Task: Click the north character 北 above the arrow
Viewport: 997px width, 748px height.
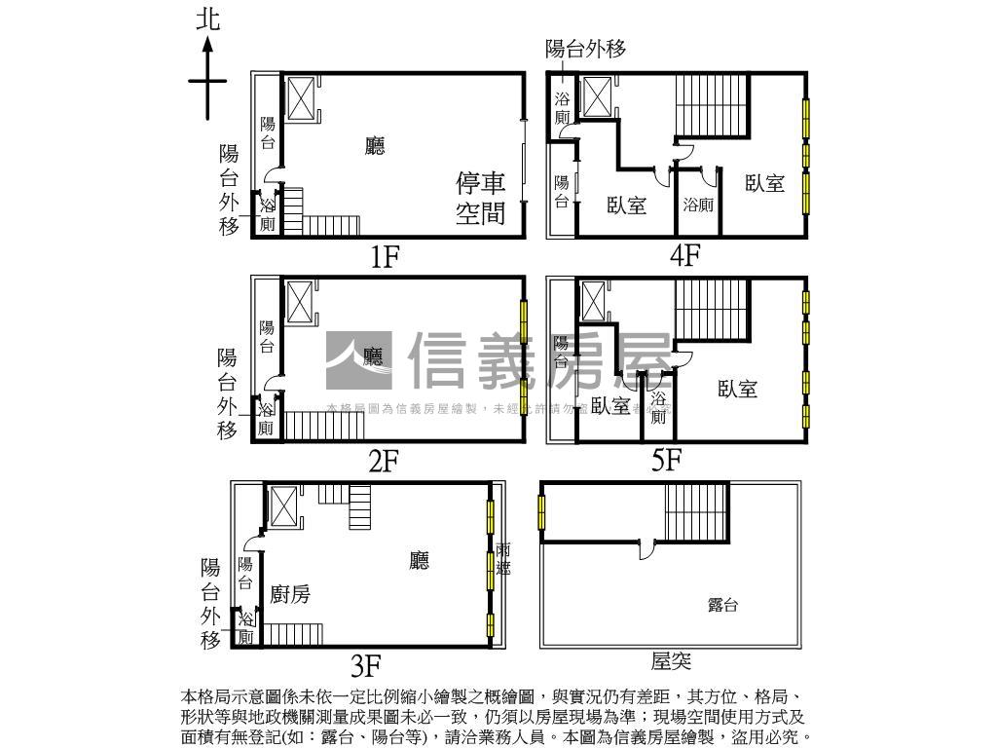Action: (207, 20)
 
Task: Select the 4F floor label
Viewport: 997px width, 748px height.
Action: (684, 255)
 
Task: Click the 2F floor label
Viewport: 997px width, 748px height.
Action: (384, 461)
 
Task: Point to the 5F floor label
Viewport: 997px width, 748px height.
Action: (667, 460)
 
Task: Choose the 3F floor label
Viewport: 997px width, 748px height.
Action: (365, 666)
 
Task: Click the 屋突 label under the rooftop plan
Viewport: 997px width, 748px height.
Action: (671, 661)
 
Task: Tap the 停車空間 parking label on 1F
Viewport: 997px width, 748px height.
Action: (481, 198)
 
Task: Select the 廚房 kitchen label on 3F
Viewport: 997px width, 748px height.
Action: (290, 593)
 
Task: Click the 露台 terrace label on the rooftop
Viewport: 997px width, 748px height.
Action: (721, 605)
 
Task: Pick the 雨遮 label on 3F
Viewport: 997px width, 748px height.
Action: (502, 559)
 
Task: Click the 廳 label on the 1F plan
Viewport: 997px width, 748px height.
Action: (374, 146)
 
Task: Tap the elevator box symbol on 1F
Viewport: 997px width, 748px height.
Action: (300, 98)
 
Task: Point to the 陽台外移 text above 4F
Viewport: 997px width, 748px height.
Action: (584, 49)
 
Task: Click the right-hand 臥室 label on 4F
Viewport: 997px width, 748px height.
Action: (764, 183)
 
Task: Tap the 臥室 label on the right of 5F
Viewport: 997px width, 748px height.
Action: (737, 389)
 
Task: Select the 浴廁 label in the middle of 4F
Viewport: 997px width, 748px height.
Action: (697, 205)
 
